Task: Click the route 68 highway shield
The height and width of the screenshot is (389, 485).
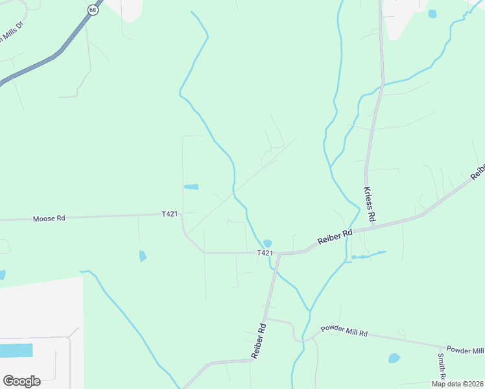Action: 93,11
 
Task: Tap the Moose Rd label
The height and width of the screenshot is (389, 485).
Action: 49,218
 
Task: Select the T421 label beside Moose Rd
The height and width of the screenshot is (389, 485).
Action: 170,213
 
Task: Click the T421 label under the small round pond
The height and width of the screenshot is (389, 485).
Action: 265,253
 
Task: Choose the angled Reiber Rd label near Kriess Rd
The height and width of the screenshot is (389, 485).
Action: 335,237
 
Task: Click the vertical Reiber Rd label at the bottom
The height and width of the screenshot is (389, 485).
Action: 259,342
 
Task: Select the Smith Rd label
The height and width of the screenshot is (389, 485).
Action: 441,367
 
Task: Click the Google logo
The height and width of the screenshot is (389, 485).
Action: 21,381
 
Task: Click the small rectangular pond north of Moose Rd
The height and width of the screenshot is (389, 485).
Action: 191,187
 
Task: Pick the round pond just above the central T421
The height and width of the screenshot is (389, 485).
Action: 267,243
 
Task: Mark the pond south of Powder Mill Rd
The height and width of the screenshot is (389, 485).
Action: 394,358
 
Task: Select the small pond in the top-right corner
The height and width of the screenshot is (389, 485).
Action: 432,14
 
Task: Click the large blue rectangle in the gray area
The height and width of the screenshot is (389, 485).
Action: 16,351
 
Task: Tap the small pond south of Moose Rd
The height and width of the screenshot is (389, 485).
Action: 143,256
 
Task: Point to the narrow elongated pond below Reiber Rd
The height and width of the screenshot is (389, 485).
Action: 368,255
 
